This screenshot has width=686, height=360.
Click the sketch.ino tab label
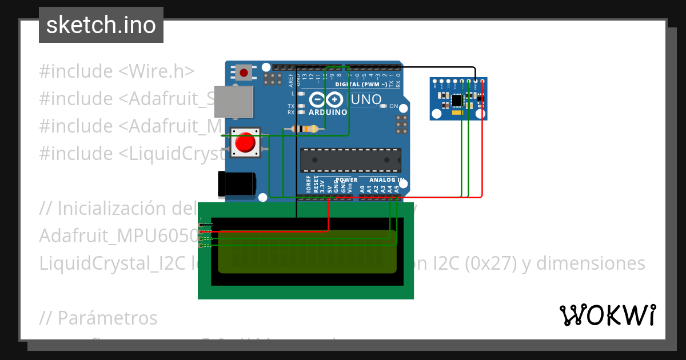[x=101, y=25]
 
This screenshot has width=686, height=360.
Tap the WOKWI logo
[x=607, y=315]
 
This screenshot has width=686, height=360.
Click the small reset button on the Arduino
[x=244, y=73]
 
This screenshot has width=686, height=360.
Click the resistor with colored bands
[x=305, y=129]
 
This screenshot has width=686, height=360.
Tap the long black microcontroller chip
[x=350, y=160]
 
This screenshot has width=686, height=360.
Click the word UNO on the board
[x=366, y=100]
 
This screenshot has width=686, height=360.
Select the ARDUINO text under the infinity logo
[x=328, y=112]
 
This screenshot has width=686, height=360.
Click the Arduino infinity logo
[x=328, y=100]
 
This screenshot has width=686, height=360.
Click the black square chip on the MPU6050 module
[x=456, y=101]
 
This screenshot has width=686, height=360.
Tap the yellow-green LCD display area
[x=308, y=251]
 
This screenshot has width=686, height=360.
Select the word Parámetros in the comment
[x=107, y=318]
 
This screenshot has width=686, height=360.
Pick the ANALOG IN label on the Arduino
[x=386, y=179]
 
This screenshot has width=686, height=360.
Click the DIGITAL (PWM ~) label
[x=360, y=85]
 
